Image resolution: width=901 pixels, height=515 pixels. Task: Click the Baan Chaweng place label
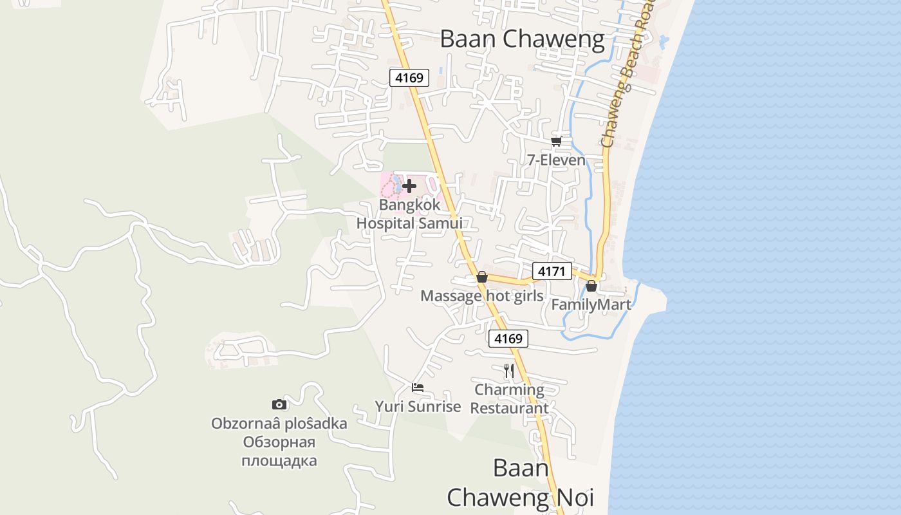tap(522, 39)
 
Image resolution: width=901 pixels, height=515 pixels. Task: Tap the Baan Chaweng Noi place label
tap(520, 483)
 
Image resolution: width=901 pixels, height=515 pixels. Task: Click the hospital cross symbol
tap(409, 186)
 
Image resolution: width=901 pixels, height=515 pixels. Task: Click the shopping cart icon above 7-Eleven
tap(556, 141)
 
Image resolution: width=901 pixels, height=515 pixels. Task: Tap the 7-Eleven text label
tap(556, 160)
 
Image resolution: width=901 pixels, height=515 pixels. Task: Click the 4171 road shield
tap(552, 272)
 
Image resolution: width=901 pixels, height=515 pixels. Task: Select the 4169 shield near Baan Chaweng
tap(409, 79)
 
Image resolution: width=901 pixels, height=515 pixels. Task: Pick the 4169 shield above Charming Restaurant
tap(508, 339)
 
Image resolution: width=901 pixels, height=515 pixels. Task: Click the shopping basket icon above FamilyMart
tap(591, 285)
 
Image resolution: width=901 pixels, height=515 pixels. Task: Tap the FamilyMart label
tap(591, 304)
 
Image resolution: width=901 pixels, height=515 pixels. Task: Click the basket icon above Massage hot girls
tap(481, 277)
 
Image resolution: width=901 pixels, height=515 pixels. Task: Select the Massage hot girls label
tap(481, 296)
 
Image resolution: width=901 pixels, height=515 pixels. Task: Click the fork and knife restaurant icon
tap(508, 370)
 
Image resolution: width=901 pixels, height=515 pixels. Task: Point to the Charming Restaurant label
tap(509, 398)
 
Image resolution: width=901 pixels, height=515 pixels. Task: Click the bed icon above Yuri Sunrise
tap(418, 388)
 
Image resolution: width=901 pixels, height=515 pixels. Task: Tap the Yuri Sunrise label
tap(418, 407)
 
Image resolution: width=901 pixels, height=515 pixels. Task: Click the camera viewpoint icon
tap(279, 404)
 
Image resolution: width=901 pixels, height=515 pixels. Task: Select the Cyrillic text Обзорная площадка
tap(279, 451)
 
